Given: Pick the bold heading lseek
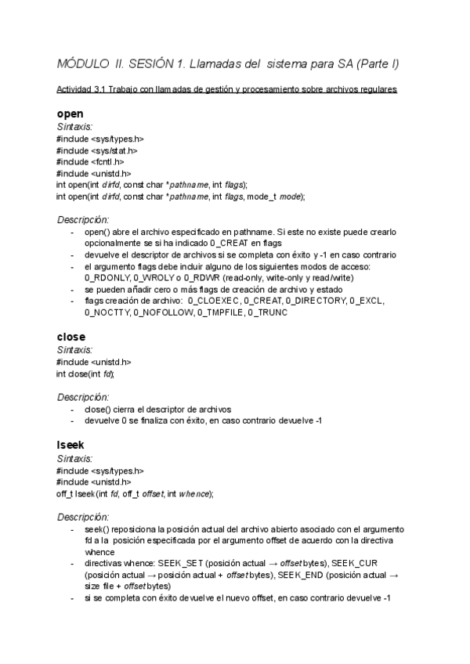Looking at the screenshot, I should point(71,445).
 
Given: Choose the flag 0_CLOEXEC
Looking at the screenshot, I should point(213,301).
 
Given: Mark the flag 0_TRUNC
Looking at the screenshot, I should point(268,312).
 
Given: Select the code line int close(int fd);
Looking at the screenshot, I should point(91,373).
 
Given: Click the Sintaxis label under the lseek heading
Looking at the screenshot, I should point(75,459).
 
